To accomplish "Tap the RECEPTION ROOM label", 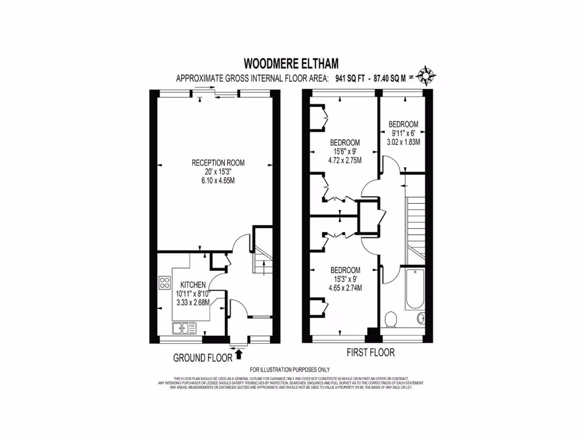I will point(214,163).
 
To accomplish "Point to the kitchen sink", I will point(183,328).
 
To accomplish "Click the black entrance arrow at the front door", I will point(239,355).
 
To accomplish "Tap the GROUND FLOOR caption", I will point(203,358).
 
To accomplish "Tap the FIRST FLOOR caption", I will point(371,353).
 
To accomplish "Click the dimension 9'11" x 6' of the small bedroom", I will point(404,133).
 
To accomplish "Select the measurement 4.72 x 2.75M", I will point(345,160).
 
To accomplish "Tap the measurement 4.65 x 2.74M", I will point(345,288).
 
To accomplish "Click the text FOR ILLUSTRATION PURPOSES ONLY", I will point(290,370).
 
